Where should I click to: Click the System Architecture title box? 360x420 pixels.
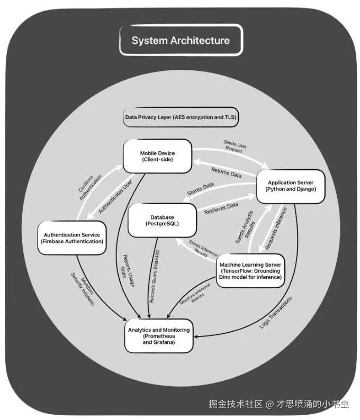coord(181,40)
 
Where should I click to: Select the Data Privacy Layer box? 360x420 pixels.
coord(181,117)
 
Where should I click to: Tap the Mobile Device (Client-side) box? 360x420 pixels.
coord(157,156)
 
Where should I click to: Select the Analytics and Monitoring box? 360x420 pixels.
coord(158,335)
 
